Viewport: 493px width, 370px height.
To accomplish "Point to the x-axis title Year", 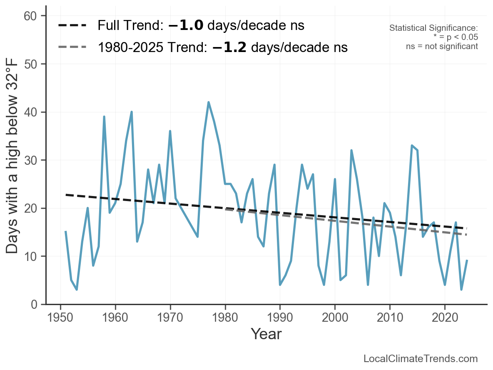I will pos(266,334).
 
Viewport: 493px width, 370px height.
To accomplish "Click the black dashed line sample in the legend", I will pos(72,26).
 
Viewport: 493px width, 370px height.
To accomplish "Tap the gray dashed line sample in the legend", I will pos(72,47).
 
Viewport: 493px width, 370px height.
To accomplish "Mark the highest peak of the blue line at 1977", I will pos(209,102).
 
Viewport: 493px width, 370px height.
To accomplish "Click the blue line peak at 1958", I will pos(104,117).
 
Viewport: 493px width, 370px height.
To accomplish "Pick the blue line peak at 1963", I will pos(132,112).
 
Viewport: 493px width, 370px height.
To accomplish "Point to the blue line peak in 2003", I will pos(351,150).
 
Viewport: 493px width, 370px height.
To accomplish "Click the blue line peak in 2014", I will pos(412,146).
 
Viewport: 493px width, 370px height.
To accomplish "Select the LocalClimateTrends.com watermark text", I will pos(421,359).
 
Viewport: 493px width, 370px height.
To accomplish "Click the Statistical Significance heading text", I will pos(433,28).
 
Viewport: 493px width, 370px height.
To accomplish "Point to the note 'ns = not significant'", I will pos(442,46).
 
